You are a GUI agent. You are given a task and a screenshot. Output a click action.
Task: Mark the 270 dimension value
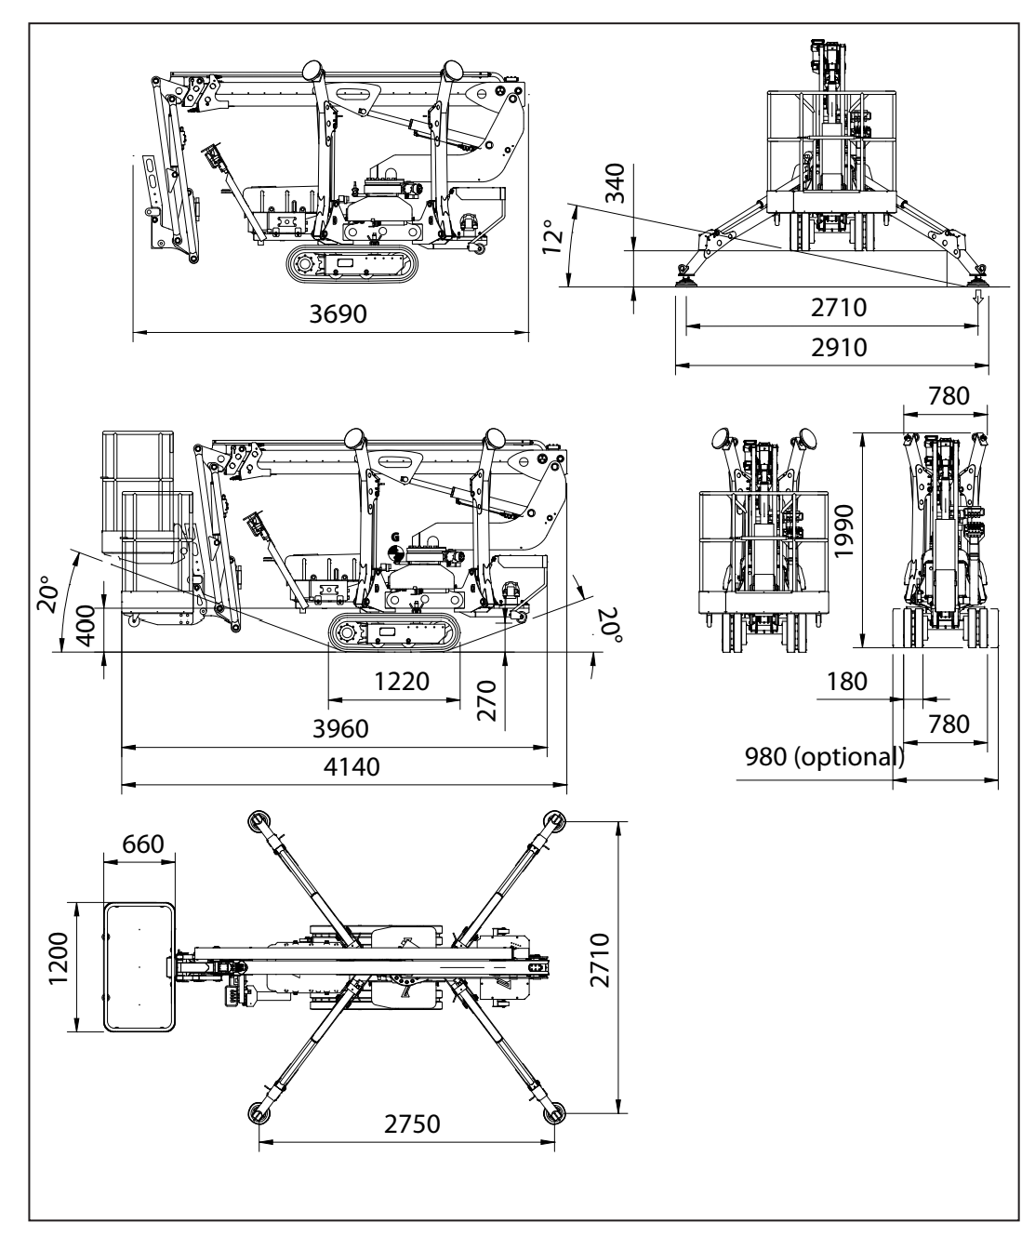486,699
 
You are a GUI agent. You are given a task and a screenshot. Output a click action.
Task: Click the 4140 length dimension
343,767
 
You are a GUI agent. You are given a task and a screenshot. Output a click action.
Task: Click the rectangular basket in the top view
139,967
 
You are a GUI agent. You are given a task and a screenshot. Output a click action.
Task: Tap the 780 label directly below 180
949,724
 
